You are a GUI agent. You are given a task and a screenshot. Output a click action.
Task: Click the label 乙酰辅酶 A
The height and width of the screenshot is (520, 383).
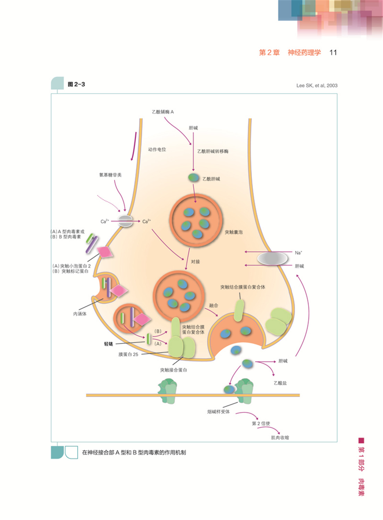[x=163, y=112]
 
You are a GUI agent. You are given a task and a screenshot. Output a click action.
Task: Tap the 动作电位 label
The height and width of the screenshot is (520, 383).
[x=157, y=149]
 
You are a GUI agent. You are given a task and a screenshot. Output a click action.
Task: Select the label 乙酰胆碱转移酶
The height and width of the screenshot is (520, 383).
[x=213, y=151]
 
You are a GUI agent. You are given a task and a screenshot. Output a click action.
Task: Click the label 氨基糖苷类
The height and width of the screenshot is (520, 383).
[x=110, y=175]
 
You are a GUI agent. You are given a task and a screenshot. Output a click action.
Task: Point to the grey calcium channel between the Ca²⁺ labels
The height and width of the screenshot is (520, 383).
[x=125, y=221]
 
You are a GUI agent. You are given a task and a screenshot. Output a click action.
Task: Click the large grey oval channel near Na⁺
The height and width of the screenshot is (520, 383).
[x=272, y=259]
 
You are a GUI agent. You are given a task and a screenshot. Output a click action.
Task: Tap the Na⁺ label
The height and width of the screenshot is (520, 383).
[x=298, y=253]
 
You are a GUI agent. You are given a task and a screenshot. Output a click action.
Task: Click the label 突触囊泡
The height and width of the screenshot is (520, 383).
[x=233, y=232]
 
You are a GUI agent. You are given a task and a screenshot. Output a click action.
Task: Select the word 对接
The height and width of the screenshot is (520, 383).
[x=195, y=262]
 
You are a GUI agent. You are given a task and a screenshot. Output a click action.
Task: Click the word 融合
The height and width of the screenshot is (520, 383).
[x=214, y=305]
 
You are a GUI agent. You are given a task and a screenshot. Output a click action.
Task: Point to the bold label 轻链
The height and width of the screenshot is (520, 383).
[x=109, y=344]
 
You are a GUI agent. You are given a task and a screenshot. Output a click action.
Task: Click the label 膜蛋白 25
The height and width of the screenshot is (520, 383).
[x=128, y=354]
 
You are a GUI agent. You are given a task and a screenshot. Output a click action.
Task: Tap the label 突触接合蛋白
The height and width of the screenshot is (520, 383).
[x=173, y=370]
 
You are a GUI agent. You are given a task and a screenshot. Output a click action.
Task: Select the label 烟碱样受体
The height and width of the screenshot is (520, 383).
[x=218, y=412]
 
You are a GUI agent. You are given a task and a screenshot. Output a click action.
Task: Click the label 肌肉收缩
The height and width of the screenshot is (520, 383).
[x=280, y=437]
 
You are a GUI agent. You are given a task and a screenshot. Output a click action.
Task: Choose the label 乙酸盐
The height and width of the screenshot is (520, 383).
[x=280, y=383]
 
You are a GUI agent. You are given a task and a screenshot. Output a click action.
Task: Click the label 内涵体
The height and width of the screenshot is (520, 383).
[x=80, y=314]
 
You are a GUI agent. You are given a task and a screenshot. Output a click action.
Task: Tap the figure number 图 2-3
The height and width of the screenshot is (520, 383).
[x=76, y=84]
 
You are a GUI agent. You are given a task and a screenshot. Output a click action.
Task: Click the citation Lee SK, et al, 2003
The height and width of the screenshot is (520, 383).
[x=317, y=86]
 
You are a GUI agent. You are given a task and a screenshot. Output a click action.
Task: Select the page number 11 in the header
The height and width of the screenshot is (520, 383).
[x=333, y=53]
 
